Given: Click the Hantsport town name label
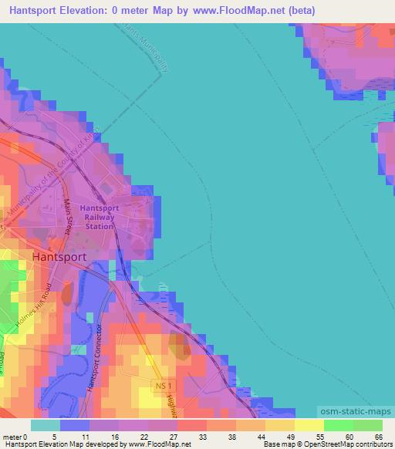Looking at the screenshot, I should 59,257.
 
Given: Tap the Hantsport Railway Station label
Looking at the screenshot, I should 100,218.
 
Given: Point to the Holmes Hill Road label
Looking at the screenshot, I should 35,306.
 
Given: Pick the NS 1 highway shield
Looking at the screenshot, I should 160,384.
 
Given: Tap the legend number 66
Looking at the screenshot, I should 378,437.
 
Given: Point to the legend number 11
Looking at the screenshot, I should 85,437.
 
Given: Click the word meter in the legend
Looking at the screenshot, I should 13,437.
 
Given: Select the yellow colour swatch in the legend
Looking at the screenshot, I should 309,425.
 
